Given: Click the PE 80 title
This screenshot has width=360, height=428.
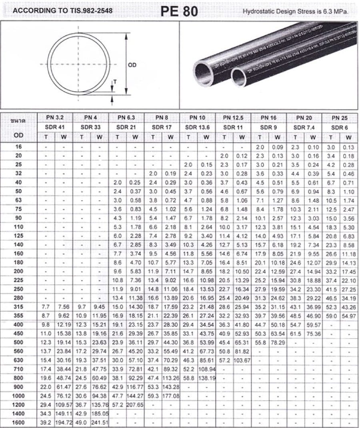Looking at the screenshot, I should point(179,11).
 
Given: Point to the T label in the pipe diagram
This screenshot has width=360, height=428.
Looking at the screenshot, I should point(115,82).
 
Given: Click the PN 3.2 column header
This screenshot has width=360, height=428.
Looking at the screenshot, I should point(55,118).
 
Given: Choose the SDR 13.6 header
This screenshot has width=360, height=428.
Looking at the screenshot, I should point(197,127).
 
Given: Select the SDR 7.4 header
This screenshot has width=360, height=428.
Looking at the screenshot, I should point(304,127).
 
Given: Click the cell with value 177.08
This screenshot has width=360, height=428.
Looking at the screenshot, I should point(170,396).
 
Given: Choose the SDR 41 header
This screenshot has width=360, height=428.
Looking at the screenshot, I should point(55,127).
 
